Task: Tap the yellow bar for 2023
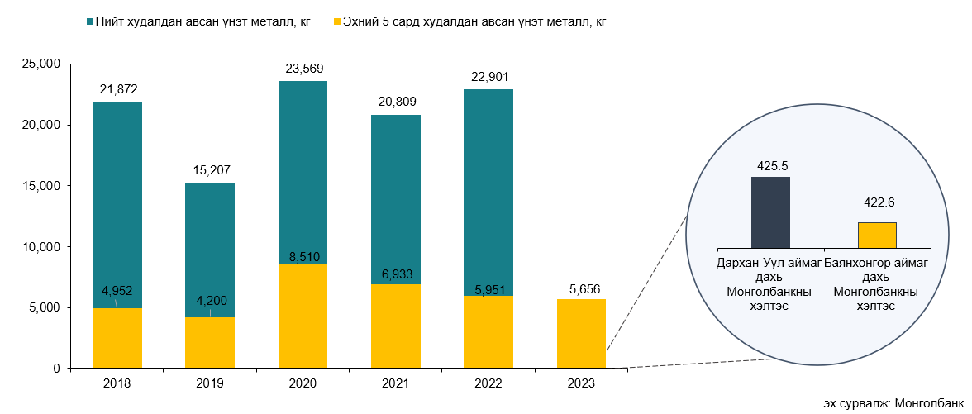click(581, 334)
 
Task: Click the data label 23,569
click(303, 69)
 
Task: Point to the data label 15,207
click(210, 171)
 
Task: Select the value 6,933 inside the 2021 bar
click(396, 274)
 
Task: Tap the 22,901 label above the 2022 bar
click(488, 77)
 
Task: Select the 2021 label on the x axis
click(396, 383)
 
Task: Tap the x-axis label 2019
click(210, 383)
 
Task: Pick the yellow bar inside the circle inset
click(877, 235)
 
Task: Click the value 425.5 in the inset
click(770, 165)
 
